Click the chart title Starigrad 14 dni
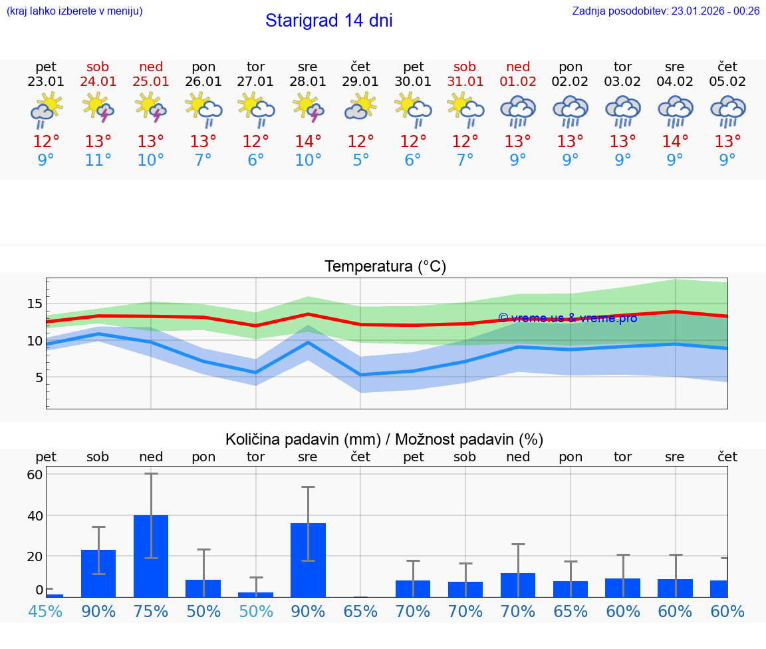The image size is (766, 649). pyautogui.click(x=328, y=21)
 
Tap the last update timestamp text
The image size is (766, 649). pyautogui.click(x=666, y=11)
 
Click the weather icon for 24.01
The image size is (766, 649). pyautogui.click(x=98, y=109)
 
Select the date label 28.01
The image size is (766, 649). pyautogui.click(x=308, y=82)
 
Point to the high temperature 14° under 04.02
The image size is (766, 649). pyautogui.click(x=675, y=142)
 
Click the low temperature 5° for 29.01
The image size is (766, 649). pyautogui.click(x=360, y=160)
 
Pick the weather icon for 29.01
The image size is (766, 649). pyautogui.click(x=360, y=109)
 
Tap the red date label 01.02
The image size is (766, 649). pyautogui.click(x=518, y=82)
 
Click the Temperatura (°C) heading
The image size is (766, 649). pyautogui.click(x=385, y=267)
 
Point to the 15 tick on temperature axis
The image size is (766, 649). pyautogui.click(x=35, y=304)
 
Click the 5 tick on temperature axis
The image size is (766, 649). pyautogui.click(x=39, y=377)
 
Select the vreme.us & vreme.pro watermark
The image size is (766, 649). pyautogui.click(x=567, y=318)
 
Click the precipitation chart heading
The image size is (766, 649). pyautogui.click(x=384, y=439)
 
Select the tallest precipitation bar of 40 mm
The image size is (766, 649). pyautogui.click(x=151, y=556)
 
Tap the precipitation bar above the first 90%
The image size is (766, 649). pyautogui.click(x=98, y=573)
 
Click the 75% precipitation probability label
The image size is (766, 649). pyautogui.click(x=151, y=611)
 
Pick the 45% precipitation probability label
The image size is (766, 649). pyautogui.click(x=45, y=611)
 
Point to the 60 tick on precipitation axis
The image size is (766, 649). pyautogui.click(x=35, y=475)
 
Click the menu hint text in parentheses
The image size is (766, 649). pyautogui.click(x=74, y=11)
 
